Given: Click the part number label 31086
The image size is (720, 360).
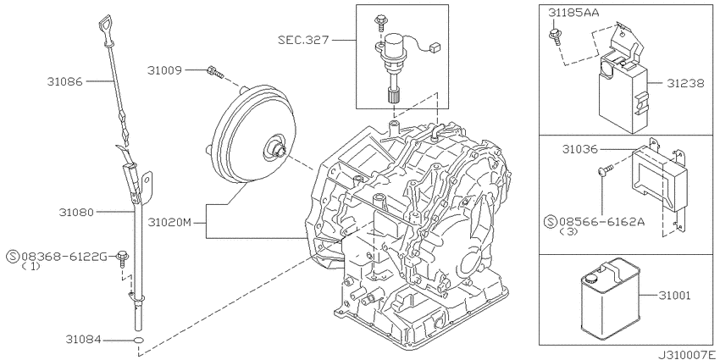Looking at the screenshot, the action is [64, 81].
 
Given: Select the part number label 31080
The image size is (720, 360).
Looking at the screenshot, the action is [76, 212].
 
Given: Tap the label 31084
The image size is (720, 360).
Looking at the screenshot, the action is [83, 340].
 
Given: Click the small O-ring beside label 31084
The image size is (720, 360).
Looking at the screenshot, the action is [138, 341].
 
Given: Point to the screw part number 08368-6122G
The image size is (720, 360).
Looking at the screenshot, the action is [64, 257].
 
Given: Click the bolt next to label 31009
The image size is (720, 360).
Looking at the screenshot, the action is [215, 72].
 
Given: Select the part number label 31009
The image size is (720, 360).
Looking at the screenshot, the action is [165, 70].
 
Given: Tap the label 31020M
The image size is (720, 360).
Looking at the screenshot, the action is [169, 223].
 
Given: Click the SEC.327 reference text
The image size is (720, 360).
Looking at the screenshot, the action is [303, 40].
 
